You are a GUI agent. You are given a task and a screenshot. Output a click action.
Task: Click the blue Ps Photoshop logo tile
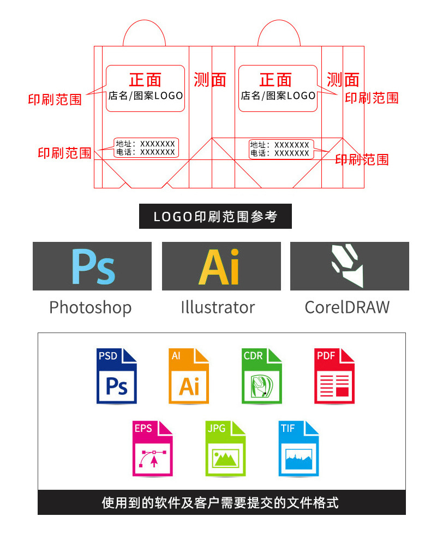click(x=92, y=266)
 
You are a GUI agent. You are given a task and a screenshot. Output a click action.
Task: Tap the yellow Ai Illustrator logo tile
click(x=221, y=266)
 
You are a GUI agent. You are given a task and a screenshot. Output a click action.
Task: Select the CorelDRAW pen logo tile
click(x=349, y=266)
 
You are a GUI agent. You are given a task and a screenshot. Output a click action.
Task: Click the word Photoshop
click(x=90, y=307)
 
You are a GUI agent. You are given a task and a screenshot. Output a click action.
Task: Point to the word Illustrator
click(x=218, y=307)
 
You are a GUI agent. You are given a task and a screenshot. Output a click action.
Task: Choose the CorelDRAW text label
click(x=347, y=307)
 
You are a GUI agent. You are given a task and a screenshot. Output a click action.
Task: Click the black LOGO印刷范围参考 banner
click(x=215, y=217)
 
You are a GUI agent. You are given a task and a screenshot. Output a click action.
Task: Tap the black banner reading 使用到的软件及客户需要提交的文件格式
click(x=221, y=502)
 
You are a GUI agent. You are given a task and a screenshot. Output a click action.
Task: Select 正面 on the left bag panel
click(x=145, y=80)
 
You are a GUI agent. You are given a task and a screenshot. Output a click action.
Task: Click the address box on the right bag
click(x=280, y=149)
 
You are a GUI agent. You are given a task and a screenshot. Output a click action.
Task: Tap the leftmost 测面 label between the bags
click(x=210, y=80)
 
